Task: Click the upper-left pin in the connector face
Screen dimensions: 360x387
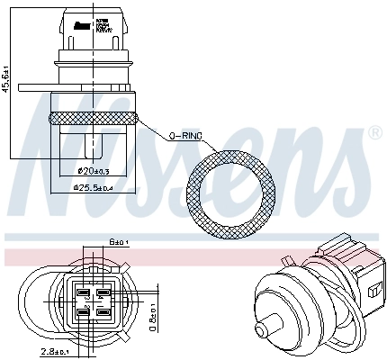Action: (x=84, y=292)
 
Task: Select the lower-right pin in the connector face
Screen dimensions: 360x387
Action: (x=104, y=312)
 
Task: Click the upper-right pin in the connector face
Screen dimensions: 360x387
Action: (x=104, y=292)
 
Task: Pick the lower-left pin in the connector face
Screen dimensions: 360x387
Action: (x=84, y=312)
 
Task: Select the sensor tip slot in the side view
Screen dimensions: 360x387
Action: (x=92, y=144)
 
